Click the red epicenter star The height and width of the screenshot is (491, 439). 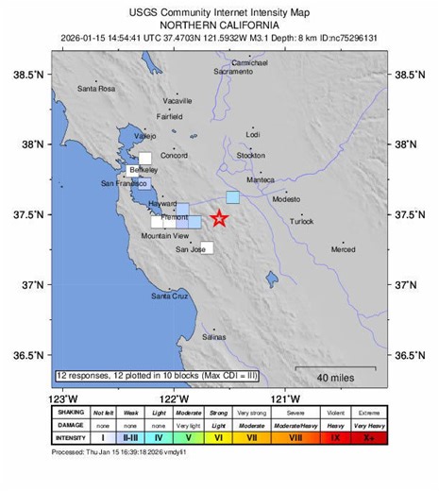(219, 219)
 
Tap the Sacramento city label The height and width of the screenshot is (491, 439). (232, 72)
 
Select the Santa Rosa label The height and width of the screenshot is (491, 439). (95, 89)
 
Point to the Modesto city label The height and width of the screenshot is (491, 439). (286, 200)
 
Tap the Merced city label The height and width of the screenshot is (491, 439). (343, 249)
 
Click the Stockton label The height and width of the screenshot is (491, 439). (251, 155)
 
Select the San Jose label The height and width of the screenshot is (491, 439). (191, 249)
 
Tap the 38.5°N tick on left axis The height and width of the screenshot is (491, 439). (30, 74)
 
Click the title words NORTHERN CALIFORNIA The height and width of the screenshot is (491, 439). (219, 24)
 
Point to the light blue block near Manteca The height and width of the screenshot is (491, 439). (232, 197)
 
